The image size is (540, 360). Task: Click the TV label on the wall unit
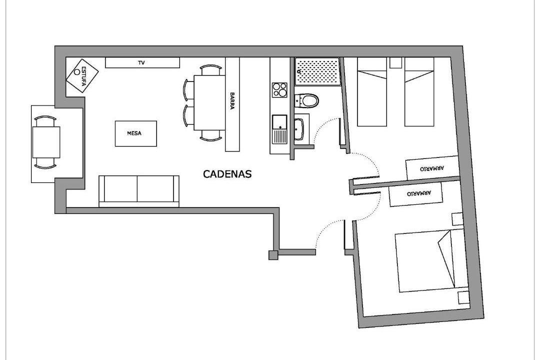pyautogui.click(x=141, y=62)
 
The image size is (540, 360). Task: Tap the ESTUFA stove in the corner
pyautogui.click(x=82, y=76)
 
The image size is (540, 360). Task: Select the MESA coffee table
pyautogui.click(x=135, y=133)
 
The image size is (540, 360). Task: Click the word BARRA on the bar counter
pyautogui.click(x=232, y=100)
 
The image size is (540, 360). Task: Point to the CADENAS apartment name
pyautogui.click(x=227, y=174)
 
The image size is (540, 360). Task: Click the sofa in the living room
pyautogui.click(x=139, y=191)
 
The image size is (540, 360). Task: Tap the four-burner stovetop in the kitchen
pyautogui.click(x=279, y=90)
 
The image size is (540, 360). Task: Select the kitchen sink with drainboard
pyautogui.click(x=279, y=129)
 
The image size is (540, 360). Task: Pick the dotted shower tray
pyautogui.click(x=317, y=71)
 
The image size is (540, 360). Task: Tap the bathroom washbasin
pyautogui.click(x=299, y=129)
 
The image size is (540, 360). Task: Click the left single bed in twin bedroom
pyautogui.click(x=372, y=91)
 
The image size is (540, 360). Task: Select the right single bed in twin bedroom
pyautogui.click(x=419, y=91)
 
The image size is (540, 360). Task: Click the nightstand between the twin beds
pyautogui.click(x=395, y=62)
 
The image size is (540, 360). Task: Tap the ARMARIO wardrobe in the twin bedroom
pyautogui.click(x=432, y=168)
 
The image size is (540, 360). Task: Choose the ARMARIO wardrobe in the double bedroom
pyautogui.click(x=415, y=194)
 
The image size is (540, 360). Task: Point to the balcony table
pyautogui.click(x=46, y=142)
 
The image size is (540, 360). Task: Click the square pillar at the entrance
pyautogui.click(x=273, y=255)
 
